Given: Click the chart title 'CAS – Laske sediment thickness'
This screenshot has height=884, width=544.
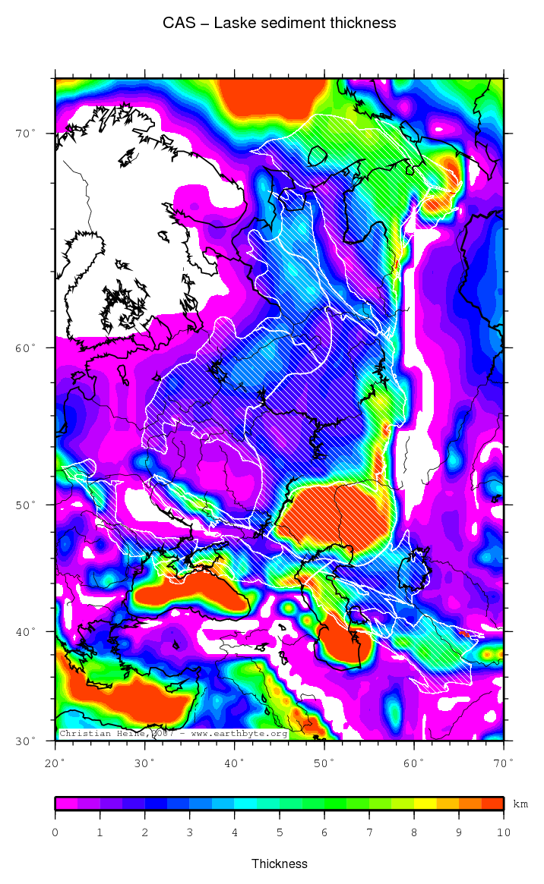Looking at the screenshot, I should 279,24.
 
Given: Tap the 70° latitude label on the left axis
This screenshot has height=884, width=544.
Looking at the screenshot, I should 27,134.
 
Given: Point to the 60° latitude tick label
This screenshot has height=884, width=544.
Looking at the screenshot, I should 27,348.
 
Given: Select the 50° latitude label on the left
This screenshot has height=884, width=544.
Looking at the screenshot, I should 27,505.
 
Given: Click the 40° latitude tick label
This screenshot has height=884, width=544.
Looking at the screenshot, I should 27,631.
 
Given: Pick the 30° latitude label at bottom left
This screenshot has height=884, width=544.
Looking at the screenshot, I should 27,741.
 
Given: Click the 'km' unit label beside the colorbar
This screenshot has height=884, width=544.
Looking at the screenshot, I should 520,804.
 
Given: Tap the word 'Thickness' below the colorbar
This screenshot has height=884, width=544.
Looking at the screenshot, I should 279,864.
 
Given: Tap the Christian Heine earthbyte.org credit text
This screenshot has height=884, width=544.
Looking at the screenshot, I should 173,734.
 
